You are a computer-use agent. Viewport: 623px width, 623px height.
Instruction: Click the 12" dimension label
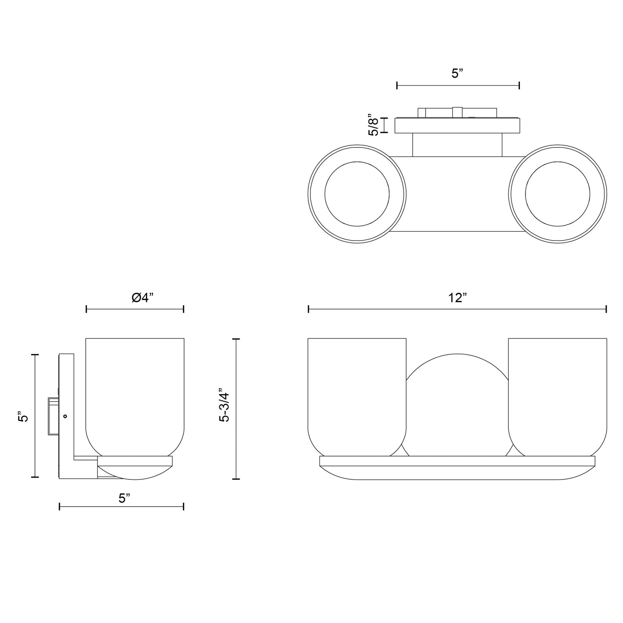tap(457, 297)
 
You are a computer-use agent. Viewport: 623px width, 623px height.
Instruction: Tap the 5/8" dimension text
tap(373, 125)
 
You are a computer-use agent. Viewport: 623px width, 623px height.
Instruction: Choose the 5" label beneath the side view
tap(125, 498)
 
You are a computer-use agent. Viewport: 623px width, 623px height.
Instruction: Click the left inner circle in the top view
tap(357, 194)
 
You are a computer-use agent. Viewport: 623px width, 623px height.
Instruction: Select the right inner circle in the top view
tap(558, 194)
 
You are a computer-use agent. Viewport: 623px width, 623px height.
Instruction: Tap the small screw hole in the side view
tap(65, 416)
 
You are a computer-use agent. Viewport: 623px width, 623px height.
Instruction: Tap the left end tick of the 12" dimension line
tap(308, 309)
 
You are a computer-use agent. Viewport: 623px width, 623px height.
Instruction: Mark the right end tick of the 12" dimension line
tap(606, 309)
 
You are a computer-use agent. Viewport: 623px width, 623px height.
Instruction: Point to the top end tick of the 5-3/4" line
tap(236, 339)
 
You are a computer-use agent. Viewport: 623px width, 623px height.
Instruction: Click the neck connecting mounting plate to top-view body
tap(457, 145)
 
